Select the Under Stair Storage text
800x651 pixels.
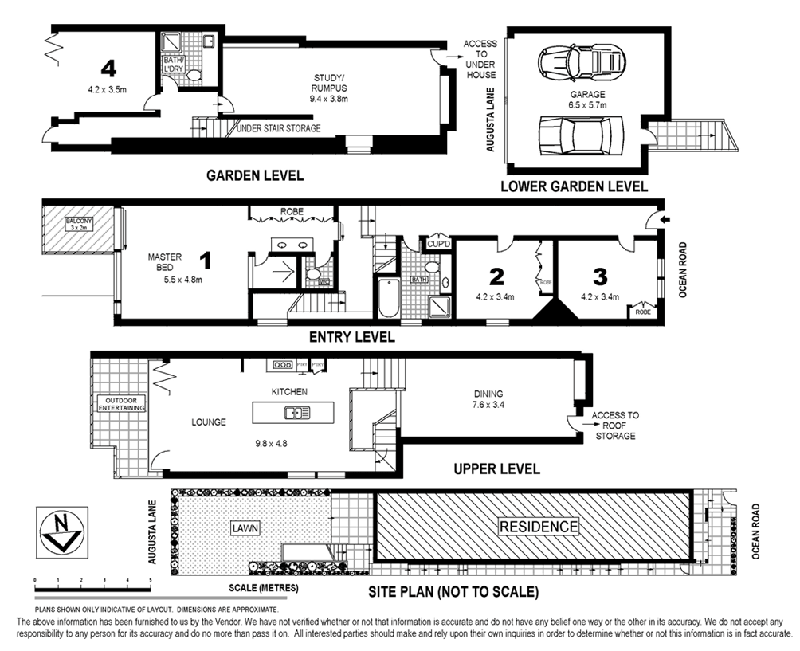coord(279,128)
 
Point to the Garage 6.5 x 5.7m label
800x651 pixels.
coord(587,99)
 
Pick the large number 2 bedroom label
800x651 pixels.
coord(496,276)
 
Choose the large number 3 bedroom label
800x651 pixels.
coord(600,276)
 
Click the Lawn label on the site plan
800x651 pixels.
coord(247,527)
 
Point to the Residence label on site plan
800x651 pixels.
coord(538,527)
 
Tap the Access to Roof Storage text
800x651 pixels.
coord(614,426)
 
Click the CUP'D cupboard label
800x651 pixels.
coord(439,244)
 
